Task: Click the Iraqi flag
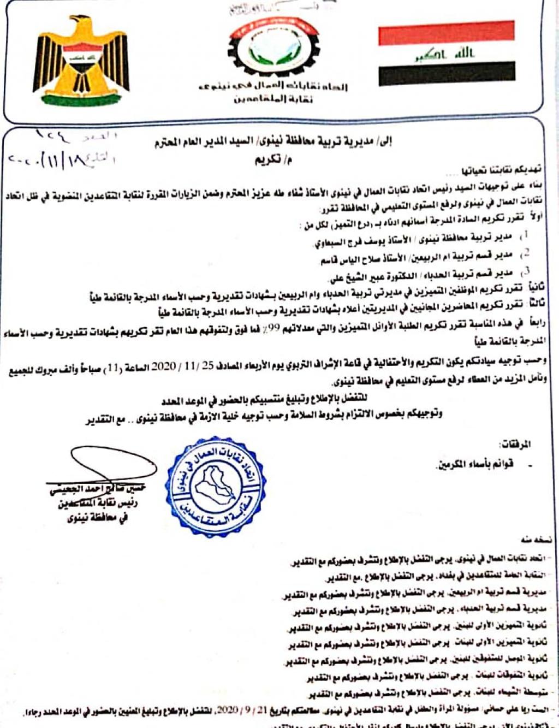pyautogui.click(x=446, y=53)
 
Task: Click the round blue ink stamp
pyautogui.click(x=216, y=486)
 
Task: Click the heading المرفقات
pyautogui.click(x=515, y=445)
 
